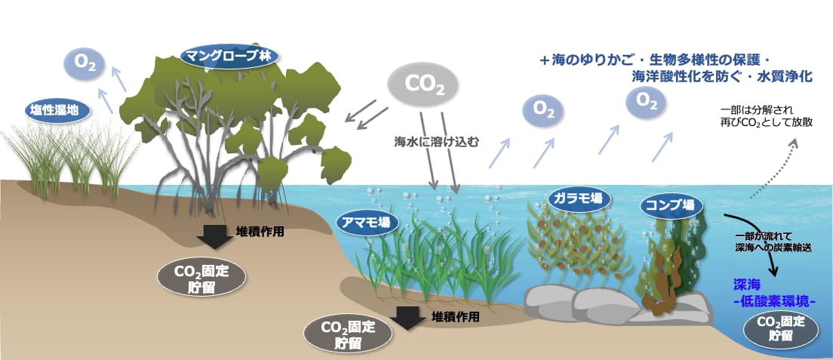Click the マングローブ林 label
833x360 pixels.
tap(229, 56)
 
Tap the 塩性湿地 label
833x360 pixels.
tap(57, 110)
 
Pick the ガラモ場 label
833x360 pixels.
tap(579, 199)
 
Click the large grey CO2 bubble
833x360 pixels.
tap(423, 84)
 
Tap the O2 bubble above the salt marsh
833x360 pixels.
tap(81, 63)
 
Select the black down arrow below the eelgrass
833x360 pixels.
tap(407, 318)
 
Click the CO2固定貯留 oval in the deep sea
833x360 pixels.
tap(780, 328)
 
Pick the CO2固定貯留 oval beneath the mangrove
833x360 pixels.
tap(201, 278)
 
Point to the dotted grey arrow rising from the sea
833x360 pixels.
tap(773, 168)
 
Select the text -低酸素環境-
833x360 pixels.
tap(775, 301)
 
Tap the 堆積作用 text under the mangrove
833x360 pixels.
tap(260, 231)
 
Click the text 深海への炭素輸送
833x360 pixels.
tap(773, 248)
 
